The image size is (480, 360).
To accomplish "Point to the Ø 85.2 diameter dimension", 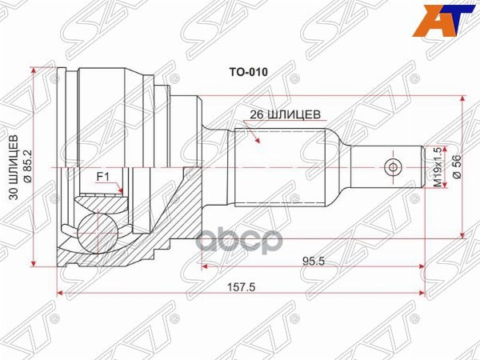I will tap(29, 168).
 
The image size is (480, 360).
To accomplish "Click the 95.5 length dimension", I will tap(314, 261).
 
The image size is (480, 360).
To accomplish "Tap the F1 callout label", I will tap(102, 176).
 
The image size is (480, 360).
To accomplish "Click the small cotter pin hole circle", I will tap(392, 168).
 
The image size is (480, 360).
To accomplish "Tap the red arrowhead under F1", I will tap(121, 192).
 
